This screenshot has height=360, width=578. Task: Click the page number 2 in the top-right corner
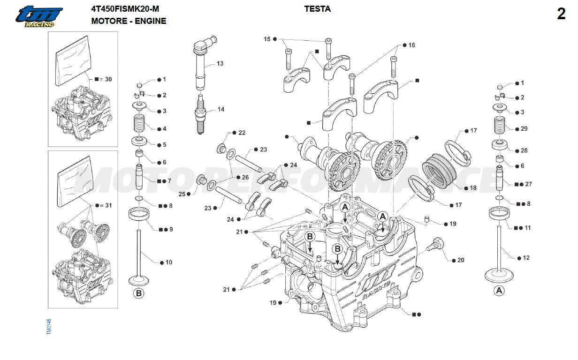pyautogui.click(x=561, y=14)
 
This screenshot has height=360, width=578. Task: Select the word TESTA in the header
pyautogui.click(x=317, y=9)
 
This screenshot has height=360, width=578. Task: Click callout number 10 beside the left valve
pyautogui.click(x=169, y=262)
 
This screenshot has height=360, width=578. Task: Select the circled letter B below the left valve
pyautogui.click(x=138, y=293)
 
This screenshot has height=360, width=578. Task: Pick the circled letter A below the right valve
pyautogui.click(x=499, y=291)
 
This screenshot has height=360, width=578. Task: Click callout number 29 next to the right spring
pyautogui.click(x=524, y=128)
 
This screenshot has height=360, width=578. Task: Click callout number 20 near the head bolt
pyautogui.click(x=461, y=260)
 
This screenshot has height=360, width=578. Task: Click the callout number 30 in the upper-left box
pyautogui.click(x=108, y=79)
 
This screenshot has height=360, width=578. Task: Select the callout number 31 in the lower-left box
pyautogui.click(x=108, y=205)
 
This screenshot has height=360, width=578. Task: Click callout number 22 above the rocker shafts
pyautogui.click(x=242, y=133)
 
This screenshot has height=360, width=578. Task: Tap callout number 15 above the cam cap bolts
pyautogui.click(x=267, y=39)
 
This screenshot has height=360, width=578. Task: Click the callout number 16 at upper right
pyautogui.click(x=411, y=45)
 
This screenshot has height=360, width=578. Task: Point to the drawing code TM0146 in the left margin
pyautogui.click(x=49, y=327)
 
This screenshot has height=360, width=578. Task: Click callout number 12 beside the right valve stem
pyautogui.click(x=526, y=258)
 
